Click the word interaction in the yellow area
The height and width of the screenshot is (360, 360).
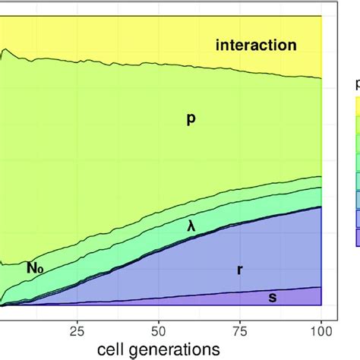pyautogui.click(x=256, y=46)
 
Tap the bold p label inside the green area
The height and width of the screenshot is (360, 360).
pyautogui.click(x=191, y=118)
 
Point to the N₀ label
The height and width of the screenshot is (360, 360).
pyautogui.click(x=35, y=267)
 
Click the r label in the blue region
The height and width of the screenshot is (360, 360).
pyautogui.click(x=240, y=269)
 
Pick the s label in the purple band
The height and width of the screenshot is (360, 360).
pyautogui.click(x=272, y=297)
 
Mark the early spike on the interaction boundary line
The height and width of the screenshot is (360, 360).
pyautogui.click(x=5, y=51)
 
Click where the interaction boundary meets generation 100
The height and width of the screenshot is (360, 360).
pyautogui.click(x=322, y=77)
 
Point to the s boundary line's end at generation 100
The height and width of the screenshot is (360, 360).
pyautogui.click(x=322, y=287)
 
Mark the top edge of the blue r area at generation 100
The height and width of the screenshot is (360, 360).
pyautogui.click(x=322, y=207)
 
